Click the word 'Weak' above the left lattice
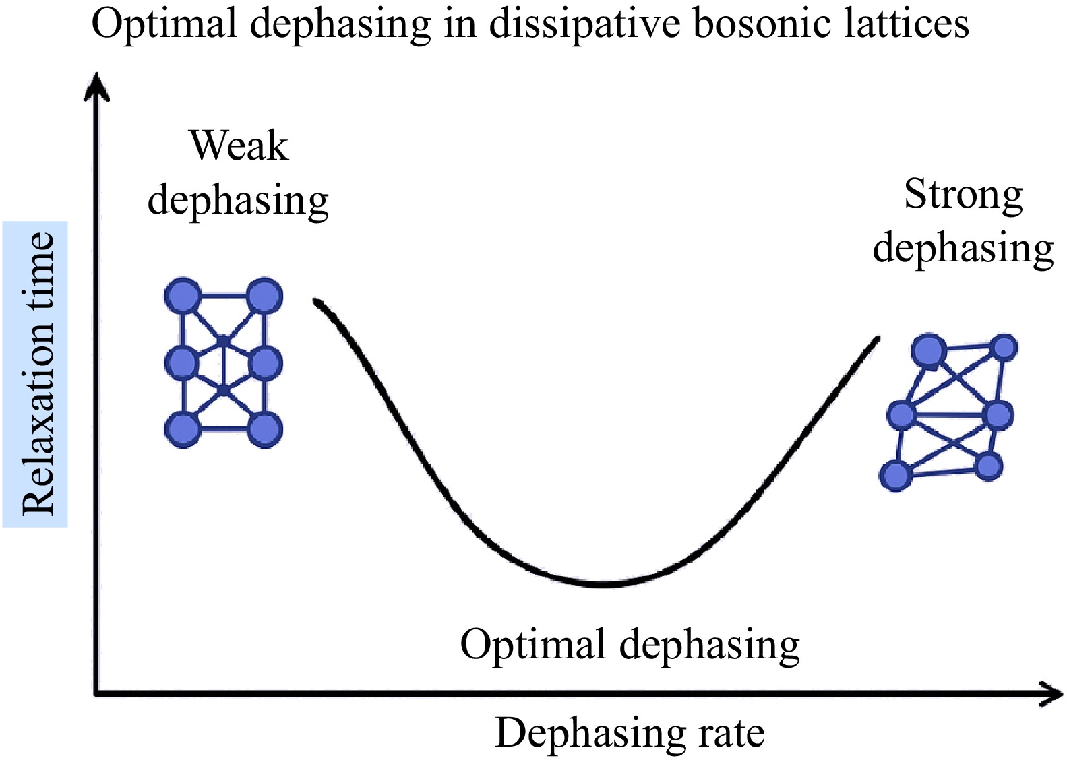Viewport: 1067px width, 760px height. pos(239,146)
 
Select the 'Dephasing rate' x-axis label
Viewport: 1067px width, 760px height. pos(630,734)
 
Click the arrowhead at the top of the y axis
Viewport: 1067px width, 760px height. pos(96,86)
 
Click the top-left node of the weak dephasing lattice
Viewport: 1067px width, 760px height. pos(183,296)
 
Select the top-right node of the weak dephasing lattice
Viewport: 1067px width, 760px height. pos(266,296)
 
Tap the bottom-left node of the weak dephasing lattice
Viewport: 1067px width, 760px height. pos(183,430)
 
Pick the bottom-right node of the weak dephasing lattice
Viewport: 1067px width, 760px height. pos(266,430)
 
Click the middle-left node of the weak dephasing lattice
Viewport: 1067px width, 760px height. pos(183,363)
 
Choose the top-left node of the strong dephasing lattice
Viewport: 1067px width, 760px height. pos(929,351)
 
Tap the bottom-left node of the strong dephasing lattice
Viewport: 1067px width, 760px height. pos(896,475)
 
